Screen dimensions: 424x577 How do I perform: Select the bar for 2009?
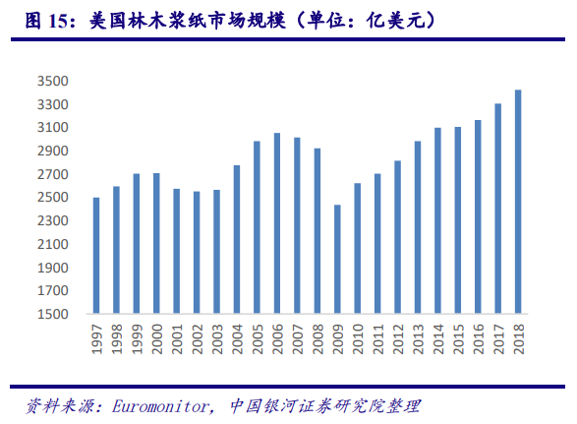click(x=337, y=260)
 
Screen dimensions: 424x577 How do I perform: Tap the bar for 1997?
click(x=96, y=256)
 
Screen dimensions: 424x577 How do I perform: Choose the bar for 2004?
click(x=237, y=240)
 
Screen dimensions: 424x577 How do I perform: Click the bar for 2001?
click(x=177, y=252)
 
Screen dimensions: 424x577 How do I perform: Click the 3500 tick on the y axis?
click(x=55, y=82)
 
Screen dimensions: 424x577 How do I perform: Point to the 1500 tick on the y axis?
click(x=55, y=315)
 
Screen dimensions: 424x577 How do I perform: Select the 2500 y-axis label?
click(x=55, y=198)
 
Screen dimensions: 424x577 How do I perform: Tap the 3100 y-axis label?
click(x=55, y=128)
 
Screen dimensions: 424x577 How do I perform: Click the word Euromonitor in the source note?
click(x=158, y=405)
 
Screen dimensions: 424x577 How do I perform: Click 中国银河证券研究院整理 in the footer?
click(x=324, y=405)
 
